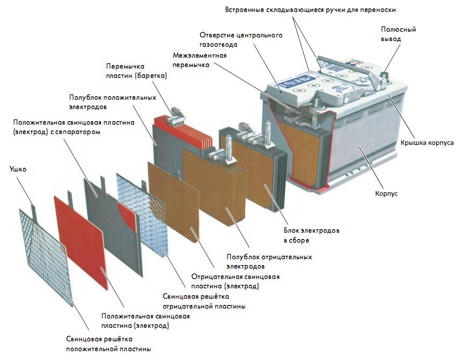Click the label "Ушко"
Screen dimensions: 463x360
(18, 169)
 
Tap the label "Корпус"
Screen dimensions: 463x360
(386, 194)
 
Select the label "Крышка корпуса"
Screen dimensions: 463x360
(427, 142)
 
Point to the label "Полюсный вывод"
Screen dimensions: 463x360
(398, 34)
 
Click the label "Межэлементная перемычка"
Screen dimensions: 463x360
(200, 60)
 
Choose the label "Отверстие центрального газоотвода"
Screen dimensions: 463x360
(241, 40)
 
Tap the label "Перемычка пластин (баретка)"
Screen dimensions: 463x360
(137, 71)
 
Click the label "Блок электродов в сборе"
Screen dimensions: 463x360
(311, 235)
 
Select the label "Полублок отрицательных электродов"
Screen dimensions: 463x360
(269, 261)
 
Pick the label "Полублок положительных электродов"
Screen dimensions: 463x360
(112, 102)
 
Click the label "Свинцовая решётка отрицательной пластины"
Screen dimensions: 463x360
(204, 301)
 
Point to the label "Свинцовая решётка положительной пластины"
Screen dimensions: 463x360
(109, 344)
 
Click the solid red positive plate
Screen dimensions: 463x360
(81, 241)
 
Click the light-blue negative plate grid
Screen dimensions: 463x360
(142, 214)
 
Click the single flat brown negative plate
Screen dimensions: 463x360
(174, 201)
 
